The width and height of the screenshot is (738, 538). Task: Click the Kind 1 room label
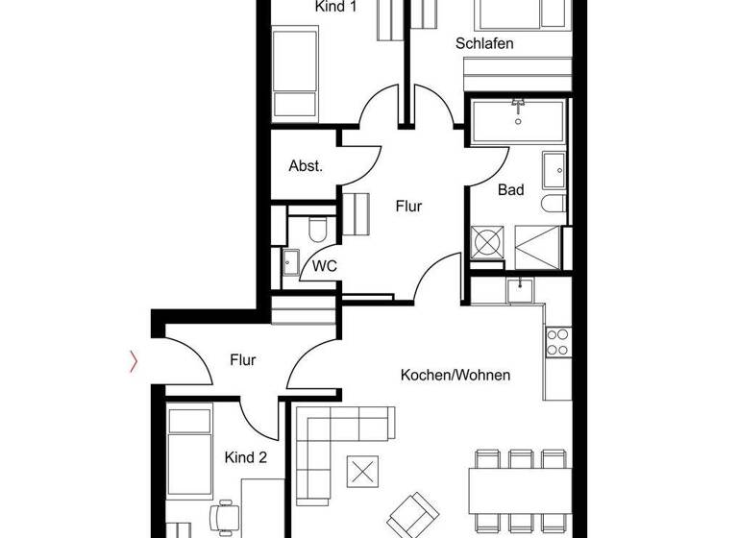336,7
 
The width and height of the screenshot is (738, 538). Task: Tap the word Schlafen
484,43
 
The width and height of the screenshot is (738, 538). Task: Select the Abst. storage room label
306,166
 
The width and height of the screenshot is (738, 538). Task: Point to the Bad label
510,190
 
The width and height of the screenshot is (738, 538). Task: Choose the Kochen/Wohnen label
455,375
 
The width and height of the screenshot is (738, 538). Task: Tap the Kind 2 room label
246,457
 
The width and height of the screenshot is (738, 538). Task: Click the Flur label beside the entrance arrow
243,360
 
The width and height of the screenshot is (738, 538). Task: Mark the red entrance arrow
135,361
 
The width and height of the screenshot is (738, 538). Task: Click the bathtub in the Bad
518,119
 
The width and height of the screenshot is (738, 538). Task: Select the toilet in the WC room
318,230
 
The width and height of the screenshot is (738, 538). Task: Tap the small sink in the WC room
291,258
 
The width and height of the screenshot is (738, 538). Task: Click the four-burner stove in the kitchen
557,342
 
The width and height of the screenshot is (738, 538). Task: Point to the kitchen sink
520,288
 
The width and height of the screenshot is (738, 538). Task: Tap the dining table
519,490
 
